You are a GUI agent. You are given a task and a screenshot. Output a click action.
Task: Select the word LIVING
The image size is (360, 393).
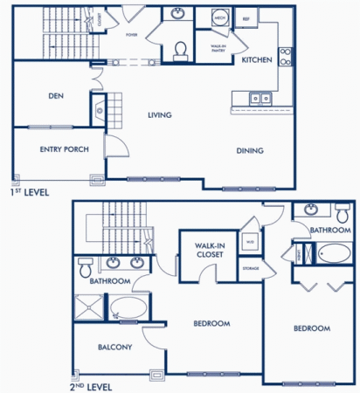coord(159,114)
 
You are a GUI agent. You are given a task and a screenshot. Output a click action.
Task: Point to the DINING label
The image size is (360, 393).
coord(250,150)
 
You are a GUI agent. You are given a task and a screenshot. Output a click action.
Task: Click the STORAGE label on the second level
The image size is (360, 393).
coord(250,268)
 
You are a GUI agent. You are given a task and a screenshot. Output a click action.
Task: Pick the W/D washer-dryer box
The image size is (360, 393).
coord(250,242)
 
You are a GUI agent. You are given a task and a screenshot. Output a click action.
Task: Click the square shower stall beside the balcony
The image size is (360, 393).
coord(88,307)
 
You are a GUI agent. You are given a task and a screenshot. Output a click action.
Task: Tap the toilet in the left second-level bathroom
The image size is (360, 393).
coord(86,265)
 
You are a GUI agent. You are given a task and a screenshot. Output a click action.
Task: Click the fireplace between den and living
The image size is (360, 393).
coord(98,111)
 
